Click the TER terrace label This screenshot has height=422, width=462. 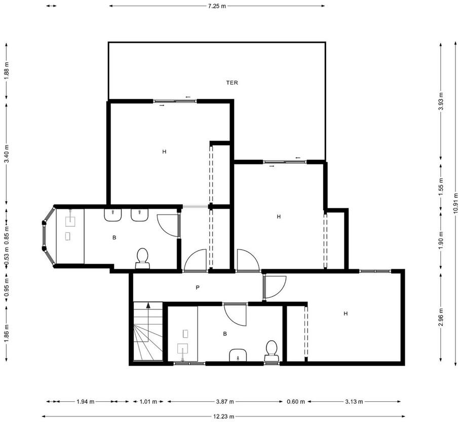232,83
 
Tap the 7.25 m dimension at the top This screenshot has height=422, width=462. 217,6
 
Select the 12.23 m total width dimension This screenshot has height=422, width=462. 223,416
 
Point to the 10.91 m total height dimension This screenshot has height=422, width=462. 456,203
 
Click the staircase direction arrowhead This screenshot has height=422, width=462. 148,305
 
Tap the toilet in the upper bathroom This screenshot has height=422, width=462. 143,258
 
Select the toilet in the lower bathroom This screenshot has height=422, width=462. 272,351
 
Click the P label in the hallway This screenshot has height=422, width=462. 198,287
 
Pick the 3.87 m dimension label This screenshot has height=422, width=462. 225,401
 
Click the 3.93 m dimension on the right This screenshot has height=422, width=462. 441,101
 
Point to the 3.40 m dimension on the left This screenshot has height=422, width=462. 7,153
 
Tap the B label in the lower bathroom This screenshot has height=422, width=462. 225,334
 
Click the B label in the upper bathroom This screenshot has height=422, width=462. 114,237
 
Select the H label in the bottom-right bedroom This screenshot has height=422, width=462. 345,313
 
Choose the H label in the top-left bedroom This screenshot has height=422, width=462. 165,152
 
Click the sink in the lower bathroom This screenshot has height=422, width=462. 238,355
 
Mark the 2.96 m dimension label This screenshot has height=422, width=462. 441,317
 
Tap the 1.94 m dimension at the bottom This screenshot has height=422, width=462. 85,401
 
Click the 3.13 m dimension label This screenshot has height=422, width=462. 354,401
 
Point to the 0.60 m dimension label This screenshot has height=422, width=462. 296,401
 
